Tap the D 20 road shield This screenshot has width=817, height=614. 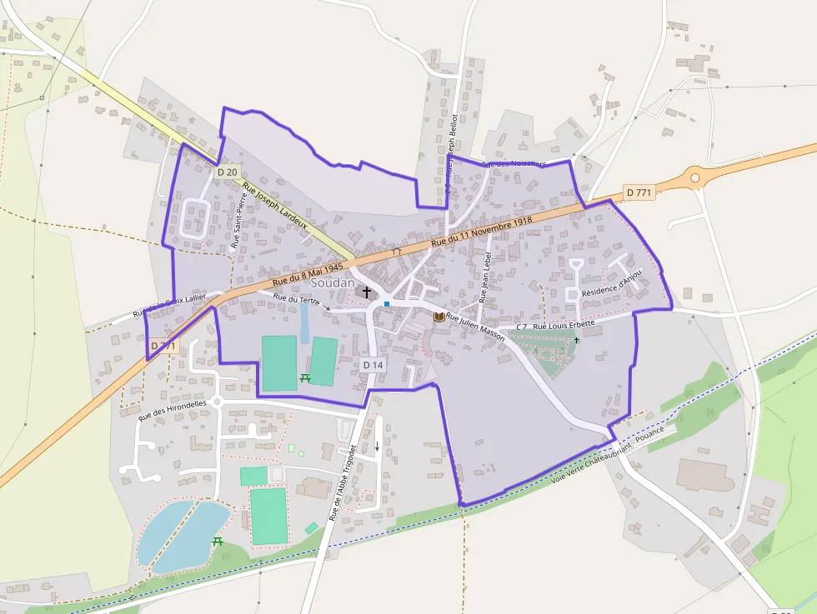[x=227, y=172]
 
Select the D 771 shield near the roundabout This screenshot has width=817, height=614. [x=638, y=192]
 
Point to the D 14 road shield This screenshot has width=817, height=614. [x=373, y=365]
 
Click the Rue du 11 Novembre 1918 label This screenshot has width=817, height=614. [x=481, y=232]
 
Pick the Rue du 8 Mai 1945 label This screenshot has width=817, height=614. [x=303, y=277]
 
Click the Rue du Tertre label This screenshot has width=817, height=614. [x=294, y=298]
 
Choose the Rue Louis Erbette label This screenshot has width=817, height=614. [x=564, y=325]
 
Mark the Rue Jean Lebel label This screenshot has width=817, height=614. [x=486, y=277]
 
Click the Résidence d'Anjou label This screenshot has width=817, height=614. [x=613, y=282]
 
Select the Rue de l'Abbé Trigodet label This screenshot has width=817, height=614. [x=343, y=482]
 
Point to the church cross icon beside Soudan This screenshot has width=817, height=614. [x=366, y=292]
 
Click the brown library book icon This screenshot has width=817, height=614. [x=439, y=317]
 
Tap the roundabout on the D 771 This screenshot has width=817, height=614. [x=693, y=177]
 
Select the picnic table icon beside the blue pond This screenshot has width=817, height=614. [x=218, y=542]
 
